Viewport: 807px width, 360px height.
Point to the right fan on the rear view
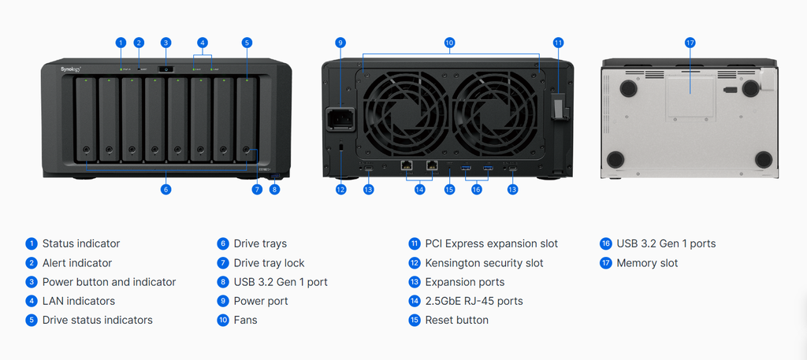(x=494, y=106)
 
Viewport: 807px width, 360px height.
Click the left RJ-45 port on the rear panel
(x=407, y=165)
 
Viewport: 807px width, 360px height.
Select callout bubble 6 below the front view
(x=165, y=189)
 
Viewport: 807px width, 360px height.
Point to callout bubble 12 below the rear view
(x=340, y=189)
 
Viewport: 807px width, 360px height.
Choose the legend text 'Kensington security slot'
(x=484, y=263)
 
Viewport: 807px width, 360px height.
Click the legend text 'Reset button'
(x=456, y=320)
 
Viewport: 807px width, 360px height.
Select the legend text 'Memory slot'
(x=647, y=263)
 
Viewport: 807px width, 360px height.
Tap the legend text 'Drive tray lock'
(x=269, y=263)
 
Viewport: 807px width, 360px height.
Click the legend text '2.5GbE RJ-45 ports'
(x=474, y=301)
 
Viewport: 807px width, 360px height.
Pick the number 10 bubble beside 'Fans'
(x=223, y=320)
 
